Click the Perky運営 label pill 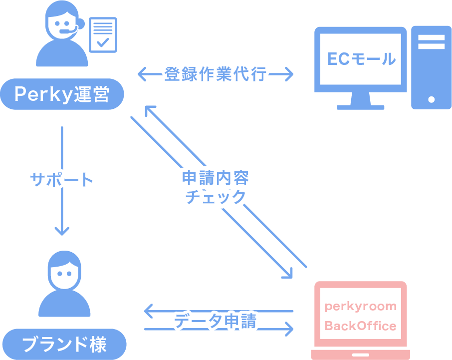coord(62,94)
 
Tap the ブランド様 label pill coord(64,344)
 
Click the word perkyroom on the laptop coord(360,306)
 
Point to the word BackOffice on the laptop coord(360,326)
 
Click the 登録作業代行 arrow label coord(216,75)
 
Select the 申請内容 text coord(215,178)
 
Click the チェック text coord(216,196)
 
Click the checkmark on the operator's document coord(103,42)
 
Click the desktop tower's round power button coord(431,99)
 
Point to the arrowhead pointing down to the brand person coord(62,231)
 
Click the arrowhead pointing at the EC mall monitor coord(288,75)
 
